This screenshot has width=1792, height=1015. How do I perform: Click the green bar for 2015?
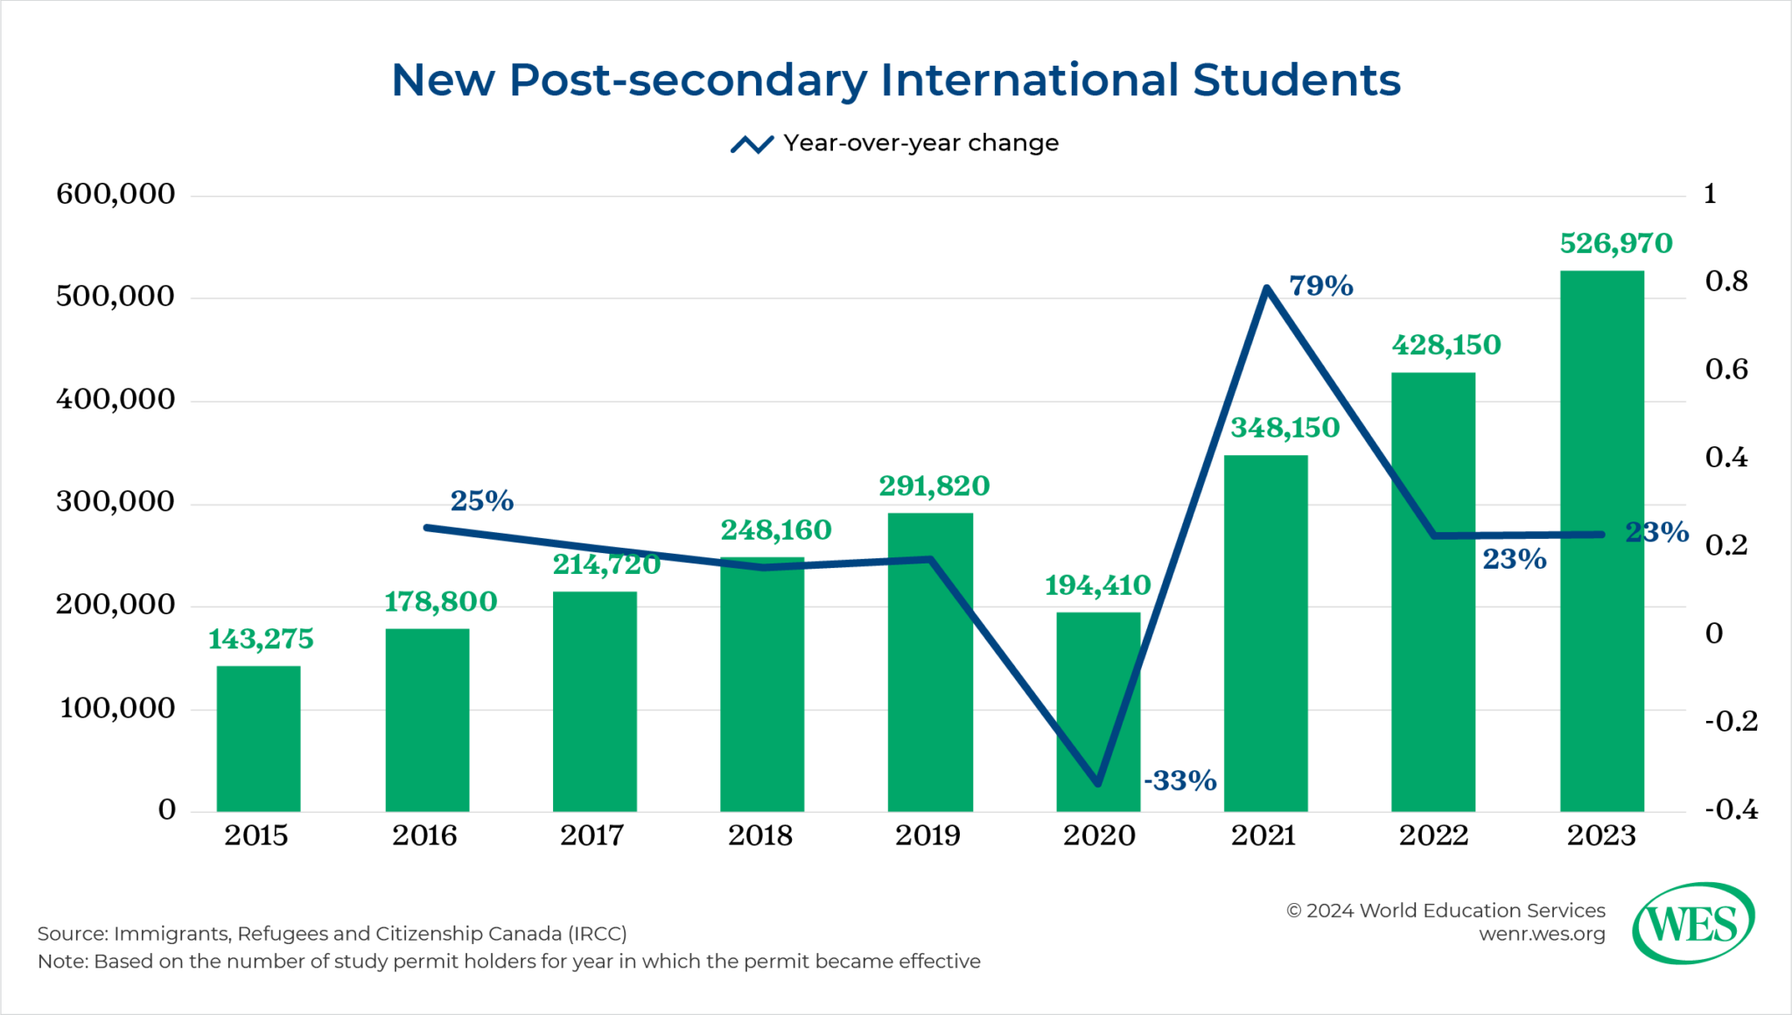(x=258, y=739)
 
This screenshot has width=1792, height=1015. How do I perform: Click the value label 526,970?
(x=1615, y=243)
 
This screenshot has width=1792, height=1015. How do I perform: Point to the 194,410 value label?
(x=1097, y=585)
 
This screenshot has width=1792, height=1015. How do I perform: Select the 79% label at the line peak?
(x=1320, y=285)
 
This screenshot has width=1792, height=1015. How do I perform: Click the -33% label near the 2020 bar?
(x=1180, y=780)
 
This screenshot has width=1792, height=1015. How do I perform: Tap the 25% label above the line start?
(x=481, y=500)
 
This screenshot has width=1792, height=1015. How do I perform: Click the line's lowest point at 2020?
(x=1098, y=784)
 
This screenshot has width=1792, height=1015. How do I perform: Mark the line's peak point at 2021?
(x=1266, y=287)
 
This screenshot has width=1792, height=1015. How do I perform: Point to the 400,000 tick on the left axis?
(x=115, y=400)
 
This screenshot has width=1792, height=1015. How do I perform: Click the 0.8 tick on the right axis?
(x=1725, y=281)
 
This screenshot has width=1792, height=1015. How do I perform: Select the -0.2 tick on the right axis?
(x=1730, y=721)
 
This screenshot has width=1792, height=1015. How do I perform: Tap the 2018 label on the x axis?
(x=760, y=836)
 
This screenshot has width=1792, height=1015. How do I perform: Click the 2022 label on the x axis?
(x=1432, y=836)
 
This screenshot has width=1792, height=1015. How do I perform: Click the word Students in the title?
(x=1296, y=80)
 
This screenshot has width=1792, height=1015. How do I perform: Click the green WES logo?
(x=1692, y=923)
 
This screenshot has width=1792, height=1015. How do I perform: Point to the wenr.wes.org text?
(x=1542, y=934)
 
